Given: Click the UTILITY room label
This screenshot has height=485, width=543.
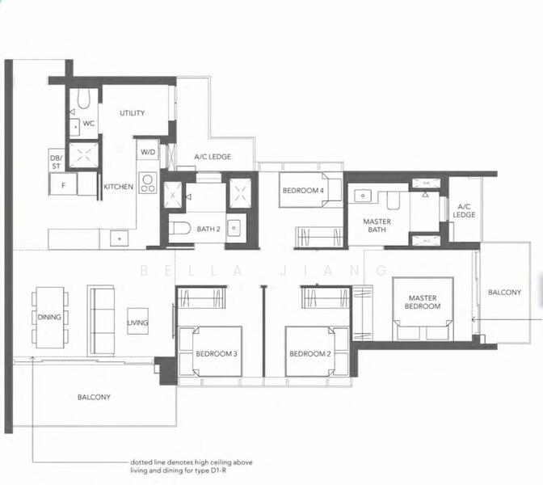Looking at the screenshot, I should point(132,114).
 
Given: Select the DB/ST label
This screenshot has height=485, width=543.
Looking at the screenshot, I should point(56,162).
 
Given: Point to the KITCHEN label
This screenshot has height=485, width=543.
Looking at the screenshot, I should point(118,187).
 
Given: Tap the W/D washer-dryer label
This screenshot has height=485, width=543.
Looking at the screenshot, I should point(148,151).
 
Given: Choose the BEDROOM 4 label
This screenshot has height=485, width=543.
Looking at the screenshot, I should point(302,191).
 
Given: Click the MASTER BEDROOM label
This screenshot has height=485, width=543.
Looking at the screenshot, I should point(423,302).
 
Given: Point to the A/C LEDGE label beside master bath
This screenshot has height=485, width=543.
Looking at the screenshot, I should point(464,210).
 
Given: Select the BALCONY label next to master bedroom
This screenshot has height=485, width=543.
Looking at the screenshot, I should point(504,292).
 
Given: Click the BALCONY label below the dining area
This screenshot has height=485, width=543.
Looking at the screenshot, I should point(94,397).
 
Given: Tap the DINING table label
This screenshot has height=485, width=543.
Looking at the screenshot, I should point(49,317).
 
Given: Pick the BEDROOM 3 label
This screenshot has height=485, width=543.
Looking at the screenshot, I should point(216,354).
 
